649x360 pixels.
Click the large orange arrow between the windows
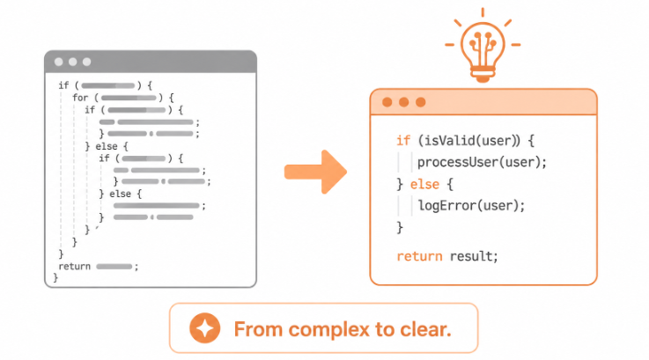click(x=316, y=172)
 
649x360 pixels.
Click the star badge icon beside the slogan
click(x=205, y=328)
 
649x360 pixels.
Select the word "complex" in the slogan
click(x=328, y=329)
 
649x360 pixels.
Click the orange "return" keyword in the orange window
click(x=419, y=256)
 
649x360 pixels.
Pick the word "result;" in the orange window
click(x=474, y=256)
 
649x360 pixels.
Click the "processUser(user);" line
click(x=482, y=162)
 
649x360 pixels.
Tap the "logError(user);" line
click(x=471, y=205)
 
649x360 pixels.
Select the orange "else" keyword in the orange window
click(x=424, y=184)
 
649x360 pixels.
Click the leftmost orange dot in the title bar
click(x=387, y=102)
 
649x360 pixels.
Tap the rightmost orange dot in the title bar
click(x=421, y=102)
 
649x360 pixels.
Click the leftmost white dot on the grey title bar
click(x=59, y=62)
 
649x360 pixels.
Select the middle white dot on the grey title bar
click(x=73, y=62)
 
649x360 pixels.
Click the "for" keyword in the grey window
click(x=80, y=98)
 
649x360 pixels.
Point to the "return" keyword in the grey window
click(x=75, y=266)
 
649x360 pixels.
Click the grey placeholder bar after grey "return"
click(x=114, y=267)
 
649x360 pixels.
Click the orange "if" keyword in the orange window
click(x=403, y=141)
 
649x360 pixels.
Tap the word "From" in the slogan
click(x=258, y=329)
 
